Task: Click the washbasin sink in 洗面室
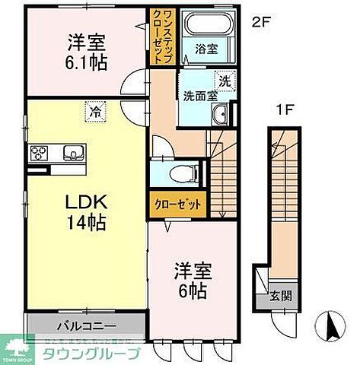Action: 219,115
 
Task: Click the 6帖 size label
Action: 193,280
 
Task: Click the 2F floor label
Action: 260,21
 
